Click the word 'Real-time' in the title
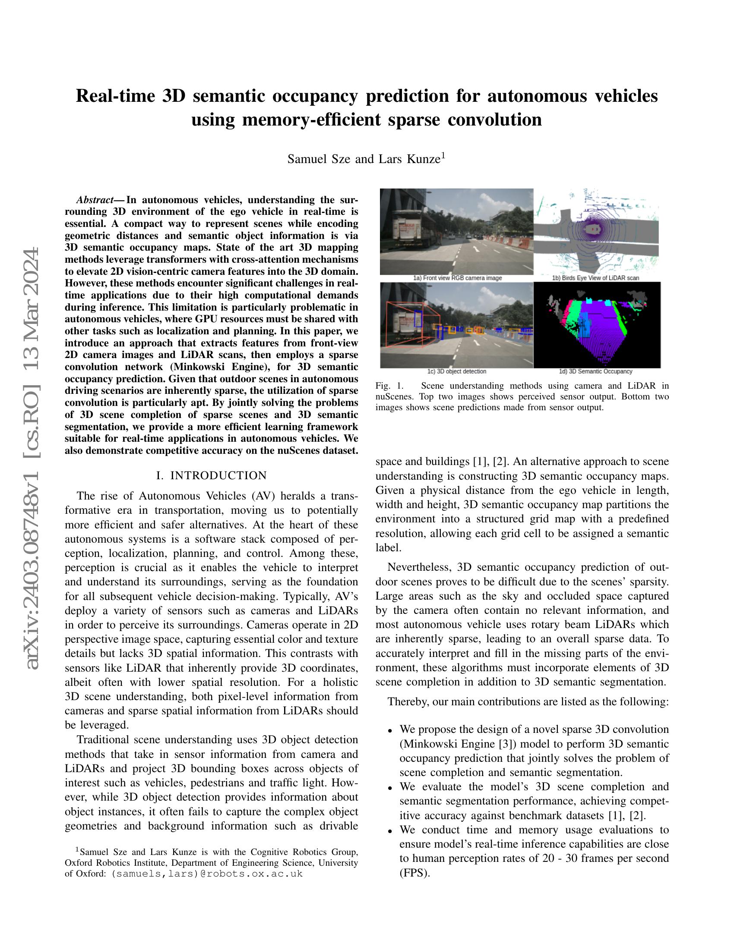(115, 96)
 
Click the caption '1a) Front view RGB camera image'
(457, 278)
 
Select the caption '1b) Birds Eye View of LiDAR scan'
(595, 278)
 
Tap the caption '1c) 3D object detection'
(456, 371)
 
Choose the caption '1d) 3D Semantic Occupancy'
(595, 371)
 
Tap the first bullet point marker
(390, 731)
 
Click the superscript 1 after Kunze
(443, 155)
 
